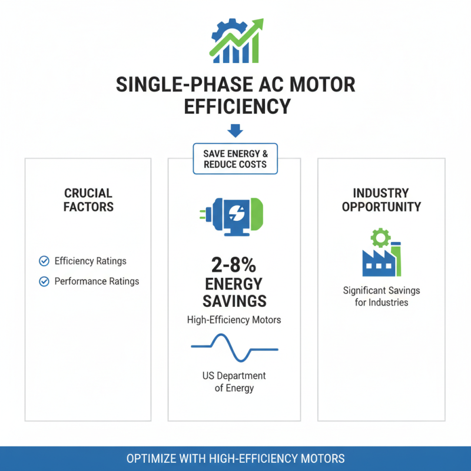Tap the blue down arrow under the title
[235, 131]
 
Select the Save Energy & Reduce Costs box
[235, 159]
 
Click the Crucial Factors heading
[89, 200]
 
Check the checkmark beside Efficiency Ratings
[44, 261]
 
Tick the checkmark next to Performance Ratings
[44, 281]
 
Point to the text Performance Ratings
[97, 281]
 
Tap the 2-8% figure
[234, 263]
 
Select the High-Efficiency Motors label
[234, 320]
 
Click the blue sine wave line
[234, 347]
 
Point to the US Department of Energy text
[234, 381]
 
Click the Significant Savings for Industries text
[382, 297]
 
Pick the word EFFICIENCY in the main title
[235, 107]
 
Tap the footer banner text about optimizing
[235, 459]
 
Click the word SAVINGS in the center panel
[234, 301]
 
